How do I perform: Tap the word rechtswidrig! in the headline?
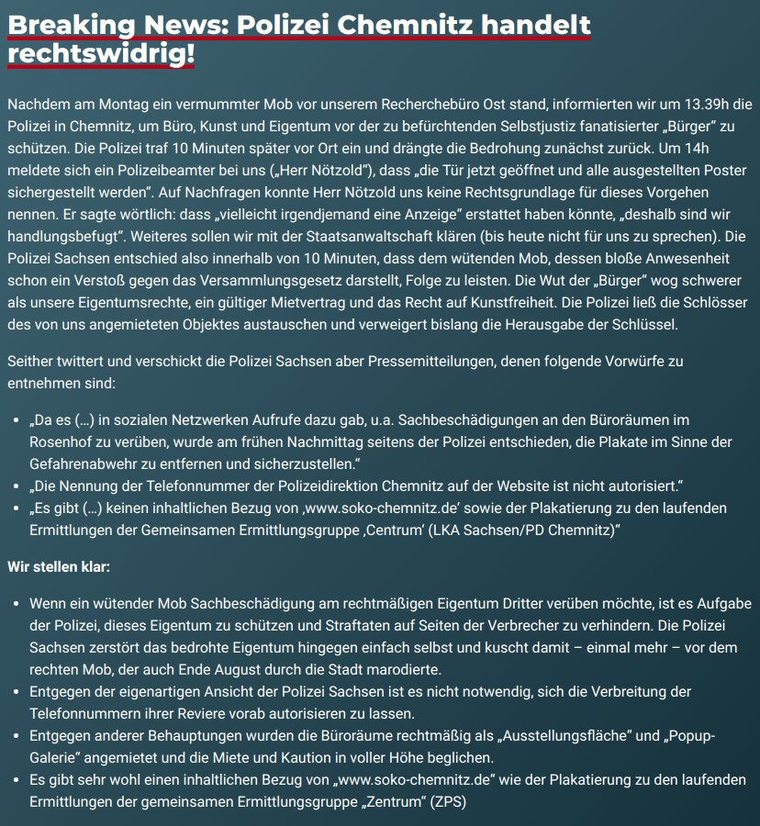pos(101,54)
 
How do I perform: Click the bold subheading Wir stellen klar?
pos(59,567)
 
